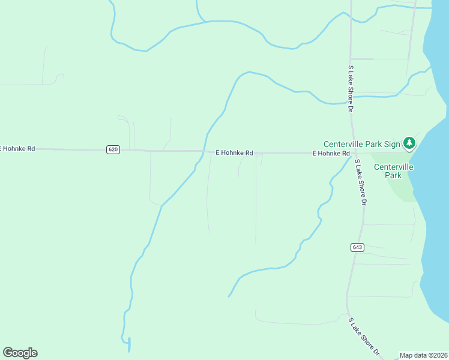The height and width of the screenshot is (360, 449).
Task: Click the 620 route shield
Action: coord(113,149)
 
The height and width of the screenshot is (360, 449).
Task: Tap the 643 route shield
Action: coord(357,247)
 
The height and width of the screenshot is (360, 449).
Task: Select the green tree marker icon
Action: coord(409,143)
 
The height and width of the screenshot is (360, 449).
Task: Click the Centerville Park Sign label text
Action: coord(361,144)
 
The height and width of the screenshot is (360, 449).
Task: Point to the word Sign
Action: coord(391,144)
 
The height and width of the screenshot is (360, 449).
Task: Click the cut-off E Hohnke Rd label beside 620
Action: coord(17,148)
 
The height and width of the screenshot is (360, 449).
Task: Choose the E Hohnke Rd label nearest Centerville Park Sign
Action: coord(331,154)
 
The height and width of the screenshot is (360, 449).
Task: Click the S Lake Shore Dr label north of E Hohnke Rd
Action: coord(350,89)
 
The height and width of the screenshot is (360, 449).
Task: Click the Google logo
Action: coord(20,353)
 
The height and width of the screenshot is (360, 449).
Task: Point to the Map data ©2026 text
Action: coord(424,355)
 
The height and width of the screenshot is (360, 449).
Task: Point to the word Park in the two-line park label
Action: coord(393,176)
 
